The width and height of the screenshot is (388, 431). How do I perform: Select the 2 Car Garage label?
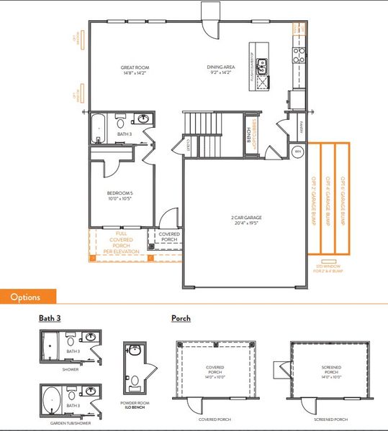pos(246,220)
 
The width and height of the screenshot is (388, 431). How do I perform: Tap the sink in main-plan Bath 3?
pos(143,119)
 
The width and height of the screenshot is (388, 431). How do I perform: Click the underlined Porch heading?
pos(181,318)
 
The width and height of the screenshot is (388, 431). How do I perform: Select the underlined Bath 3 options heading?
pos(50,318)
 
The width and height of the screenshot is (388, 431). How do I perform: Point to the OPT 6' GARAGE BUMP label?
pos(343,202)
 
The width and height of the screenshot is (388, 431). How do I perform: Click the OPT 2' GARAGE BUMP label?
pos(314,202)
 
